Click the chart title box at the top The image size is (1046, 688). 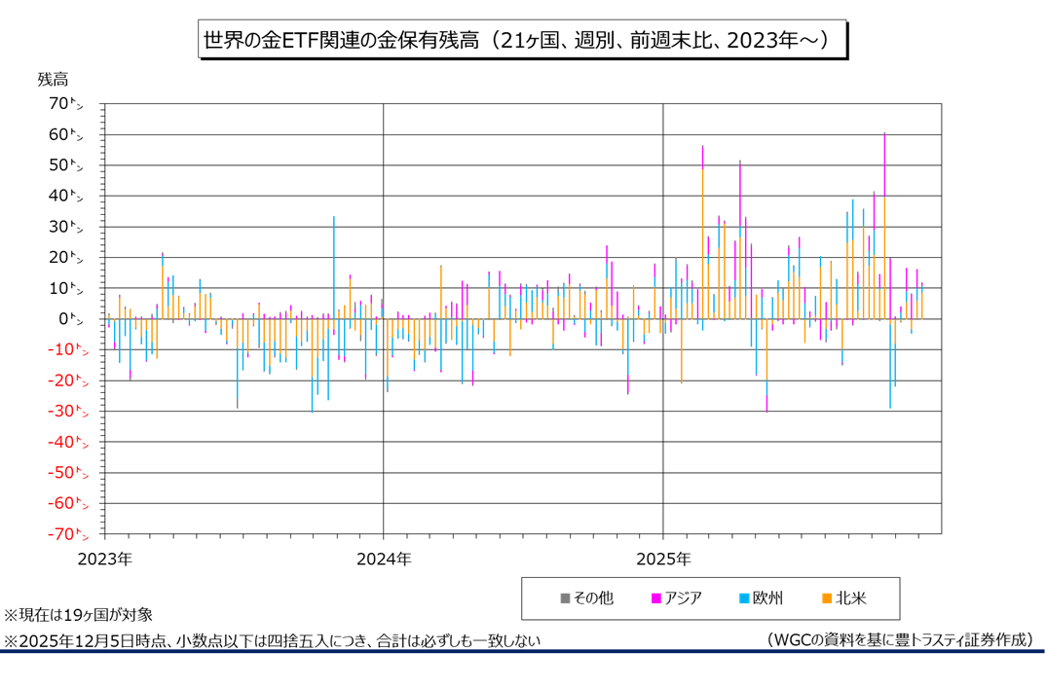click(522, 40)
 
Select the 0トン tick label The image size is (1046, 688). click(74, 318)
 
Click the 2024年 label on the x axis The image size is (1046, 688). click(384, 560)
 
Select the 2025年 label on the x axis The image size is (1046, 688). click(662, 560)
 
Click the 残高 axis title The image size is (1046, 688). click(54, 79)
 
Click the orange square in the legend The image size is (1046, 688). click(827, 598)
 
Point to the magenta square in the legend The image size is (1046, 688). click(656, 598)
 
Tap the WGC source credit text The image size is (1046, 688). click(898, 639)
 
